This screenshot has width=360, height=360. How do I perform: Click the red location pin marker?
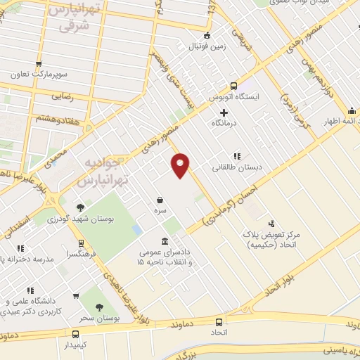(181, 165)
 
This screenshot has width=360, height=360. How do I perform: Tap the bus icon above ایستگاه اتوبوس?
(233, 86)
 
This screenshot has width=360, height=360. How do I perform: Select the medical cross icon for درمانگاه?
(224, 112)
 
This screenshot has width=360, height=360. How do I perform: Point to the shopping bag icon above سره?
(161, 200)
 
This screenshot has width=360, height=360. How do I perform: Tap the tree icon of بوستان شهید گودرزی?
(82, 207)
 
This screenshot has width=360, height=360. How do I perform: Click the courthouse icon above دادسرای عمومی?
(165, 240)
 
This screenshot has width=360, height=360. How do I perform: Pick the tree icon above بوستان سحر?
(98, 307)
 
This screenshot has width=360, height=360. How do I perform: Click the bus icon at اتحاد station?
(219, 322)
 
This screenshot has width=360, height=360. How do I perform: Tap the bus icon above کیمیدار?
(75, 334)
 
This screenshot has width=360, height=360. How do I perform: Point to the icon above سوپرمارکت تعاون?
(39, 62)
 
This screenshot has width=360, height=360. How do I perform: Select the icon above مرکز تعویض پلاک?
(272, 223)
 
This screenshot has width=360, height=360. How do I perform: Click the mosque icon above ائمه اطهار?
(352, 110)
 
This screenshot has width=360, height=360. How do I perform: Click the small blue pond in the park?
(136, 230)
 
